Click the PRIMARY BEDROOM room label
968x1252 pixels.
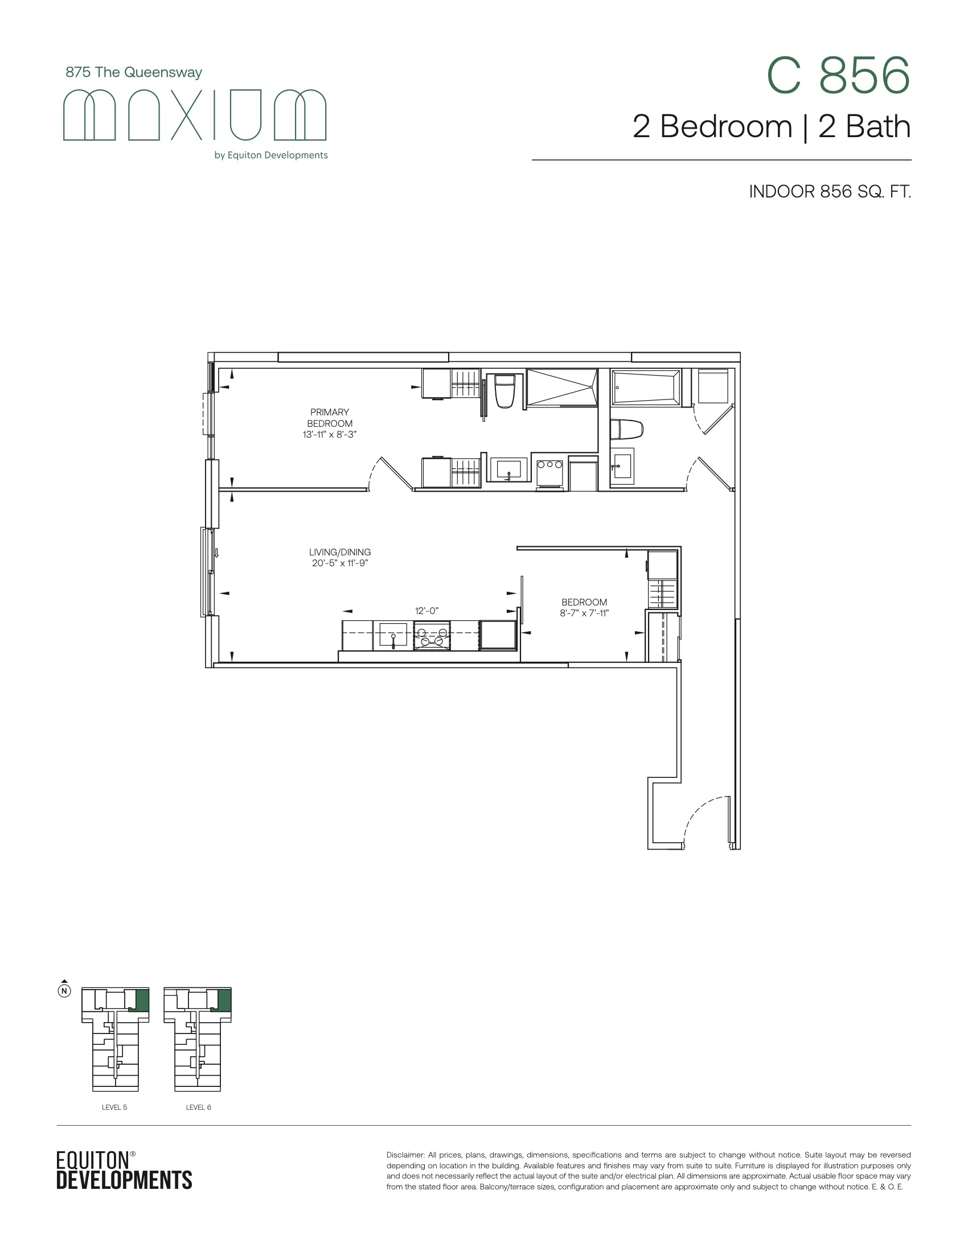(330, 418)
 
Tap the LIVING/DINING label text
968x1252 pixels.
(340, 552)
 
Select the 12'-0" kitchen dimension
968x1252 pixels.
(426, 611)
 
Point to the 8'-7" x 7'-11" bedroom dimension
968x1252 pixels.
(584, 613)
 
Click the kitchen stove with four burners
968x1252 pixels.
(432, 636)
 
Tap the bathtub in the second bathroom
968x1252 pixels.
(646, 388)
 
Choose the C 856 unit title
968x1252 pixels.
(838, 76)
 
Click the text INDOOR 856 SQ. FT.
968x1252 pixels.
(830, 191)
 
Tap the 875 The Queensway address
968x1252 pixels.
(134, 72)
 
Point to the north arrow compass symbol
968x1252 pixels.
(65, 989)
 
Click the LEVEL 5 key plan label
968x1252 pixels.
(114, 1107)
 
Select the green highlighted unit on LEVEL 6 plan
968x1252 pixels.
(224, 1000)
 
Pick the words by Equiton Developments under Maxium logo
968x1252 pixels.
(270, 155)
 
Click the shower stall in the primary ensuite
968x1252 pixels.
(562, 388)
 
